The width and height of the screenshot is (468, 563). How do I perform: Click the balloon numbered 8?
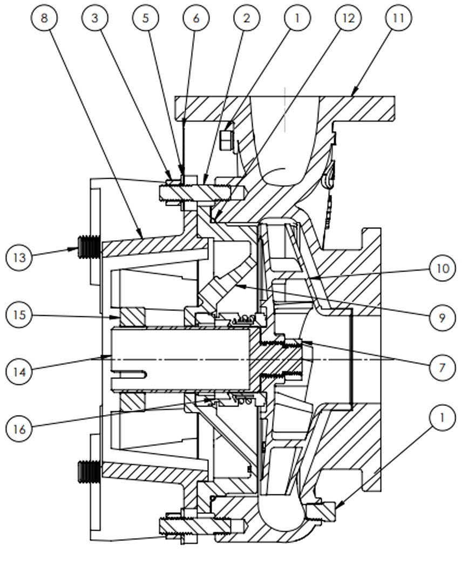pyautogui.click(x=44, y=18)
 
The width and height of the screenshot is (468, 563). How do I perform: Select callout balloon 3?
pyautogui.click(x=96, y=18)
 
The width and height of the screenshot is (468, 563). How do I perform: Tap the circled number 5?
pyautogui.click(x=145, y=18)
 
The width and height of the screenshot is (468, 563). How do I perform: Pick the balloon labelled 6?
pyautogui.click(x=196, y=18)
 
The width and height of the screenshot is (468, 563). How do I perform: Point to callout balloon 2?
pyautogui.click(x=247, y=18)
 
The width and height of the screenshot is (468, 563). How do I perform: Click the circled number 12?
pyautogui.click(x=347, y=18)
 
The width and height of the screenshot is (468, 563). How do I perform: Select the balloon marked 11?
pyautogui.click(x=398, y=18)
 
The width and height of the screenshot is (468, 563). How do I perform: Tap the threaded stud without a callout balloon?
pyautogui.click(x=89, y=471)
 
